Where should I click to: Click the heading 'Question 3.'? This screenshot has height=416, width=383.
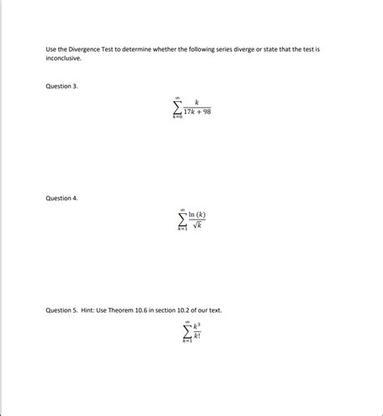61,86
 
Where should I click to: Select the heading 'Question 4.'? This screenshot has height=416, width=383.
61,198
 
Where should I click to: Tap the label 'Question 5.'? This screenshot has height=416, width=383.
61,310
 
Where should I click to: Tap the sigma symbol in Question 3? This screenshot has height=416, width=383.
177,107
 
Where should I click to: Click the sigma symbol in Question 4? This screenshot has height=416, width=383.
183,220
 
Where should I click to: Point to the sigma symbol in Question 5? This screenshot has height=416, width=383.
187,331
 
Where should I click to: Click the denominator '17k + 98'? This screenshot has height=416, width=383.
196,112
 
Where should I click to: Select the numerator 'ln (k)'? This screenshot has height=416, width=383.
196,215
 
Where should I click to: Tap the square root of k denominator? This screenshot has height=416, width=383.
196,225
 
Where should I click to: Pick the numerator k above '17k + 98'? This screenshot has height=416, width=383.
196,103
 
